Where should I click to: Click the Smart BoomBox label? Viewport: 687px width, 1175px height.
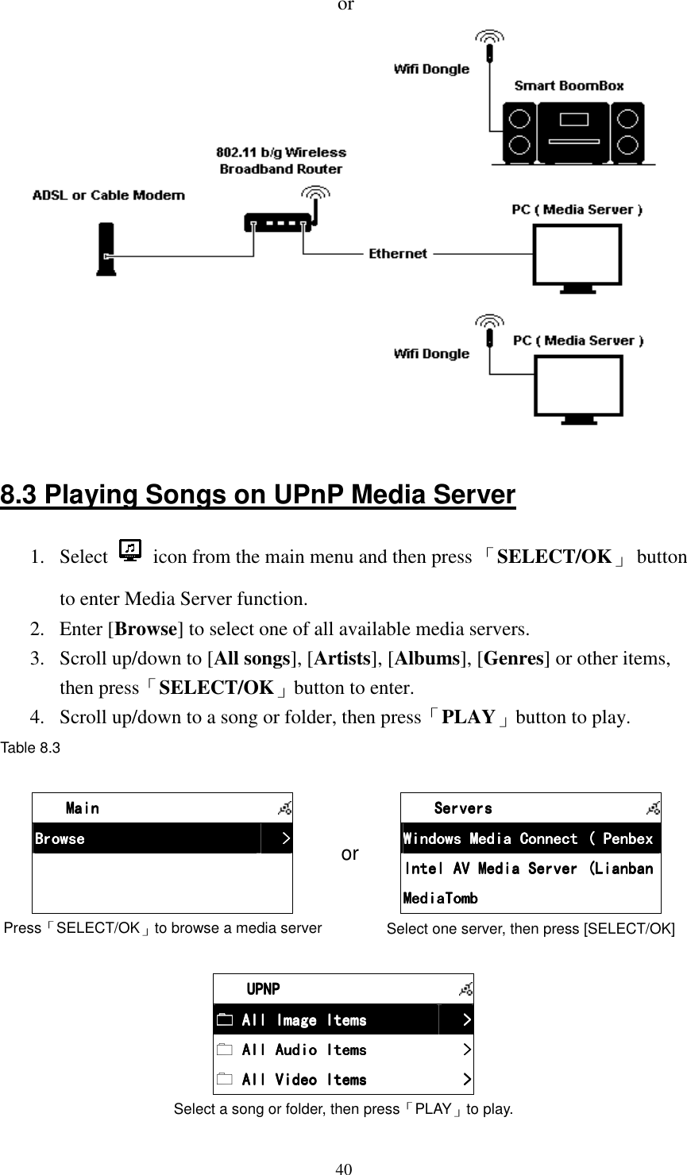pos(569,86)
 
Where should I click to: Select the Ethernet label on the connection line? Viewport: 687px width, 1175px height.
pos(397,254)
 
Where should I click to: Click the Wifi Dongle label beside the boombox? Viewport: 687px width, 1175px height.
pos(431,69)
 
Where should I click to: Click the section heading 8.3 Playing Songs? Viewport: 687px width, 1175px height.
pos(258,496)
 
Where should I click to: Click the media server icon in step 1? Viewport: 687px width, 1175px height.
pos(129,551)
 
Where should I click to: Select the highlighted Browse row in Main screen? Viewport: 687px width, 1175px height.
pos(147,839)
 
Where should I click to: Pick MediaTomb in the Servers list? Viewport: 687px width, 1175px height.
pos(441,899)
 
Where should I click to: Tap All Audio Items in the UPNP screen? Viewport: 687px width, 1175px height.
pos(304,1050)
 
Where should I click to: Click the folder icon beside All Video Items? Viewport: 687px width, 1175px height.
pos(225,1080)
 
